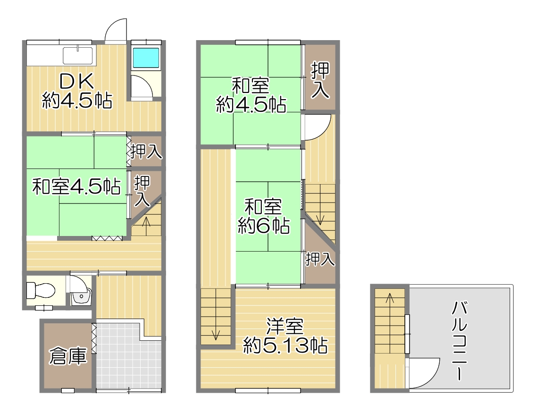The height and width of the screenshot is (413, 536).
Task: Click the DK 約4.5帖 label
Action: point(77,91)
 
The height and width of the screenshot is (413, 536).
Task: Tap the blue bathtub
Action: point(146,58)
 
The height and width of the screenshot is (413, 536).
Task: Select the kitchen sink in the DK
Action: point(77,55)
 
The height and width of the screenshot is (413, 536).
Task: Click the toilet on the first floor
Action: point(40,290)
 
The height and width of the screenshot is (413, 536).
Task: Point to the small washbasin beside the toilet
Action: point(81,296)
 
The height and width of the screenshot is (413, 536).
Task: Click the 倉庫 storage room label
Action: point(67,356)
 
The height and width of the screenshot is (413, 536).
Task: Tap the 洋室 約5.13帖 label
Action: point(285,336)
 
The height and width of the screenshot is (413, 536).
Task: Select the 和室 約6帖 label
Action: point(264,216)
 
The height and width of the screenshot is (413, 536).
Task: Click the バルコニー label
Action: point(459,341)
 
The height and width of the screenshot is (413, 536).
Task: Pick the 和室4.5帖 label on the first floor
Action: point(76,186)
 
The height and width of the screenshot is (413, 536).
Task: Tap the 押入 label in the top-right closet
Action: point(320,80)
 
